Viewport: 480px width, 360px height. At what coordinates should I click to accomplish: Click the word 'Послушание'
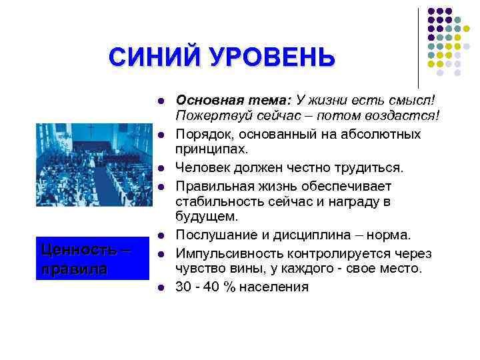213,235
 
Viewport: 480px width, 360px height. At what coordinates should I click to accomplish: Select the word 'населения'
276,287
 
